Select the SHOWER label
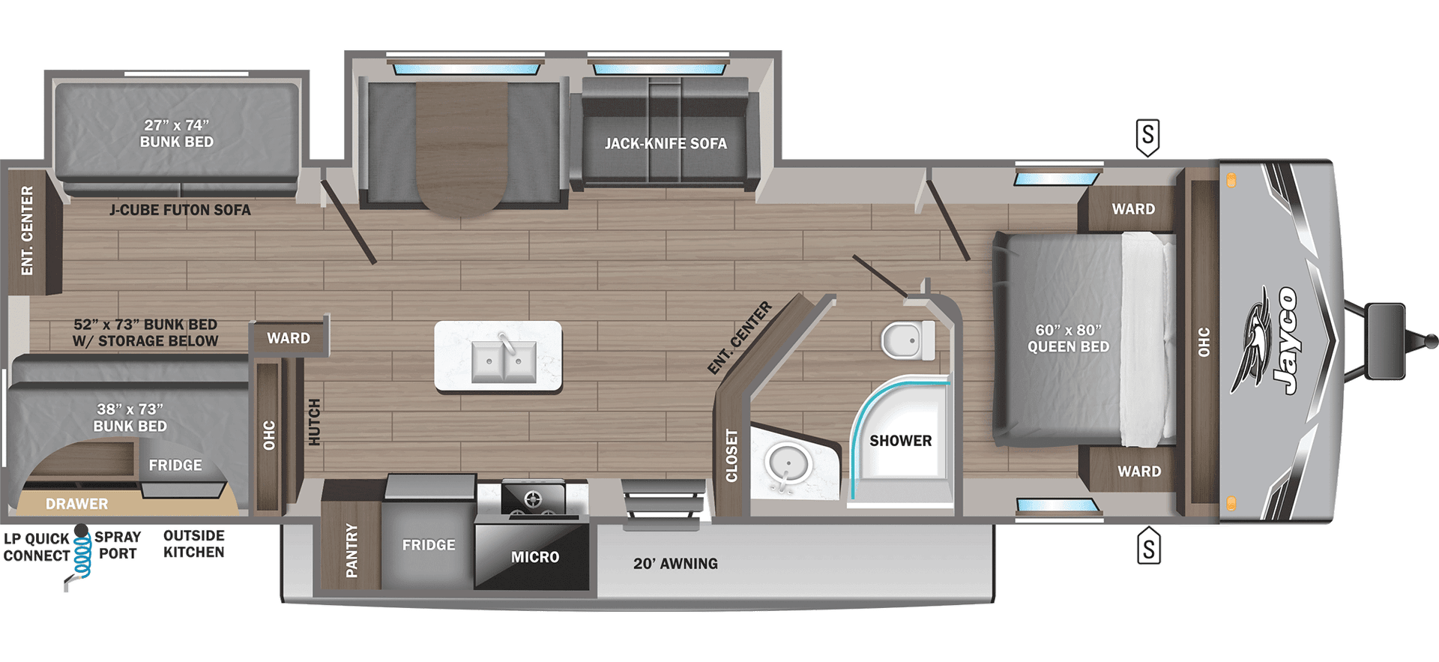(x=900, y=441)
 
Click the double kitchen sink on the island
(x=504, y=361)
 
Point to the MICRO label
(x=535, y=557)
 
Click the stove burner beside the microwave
(x=533, y=499)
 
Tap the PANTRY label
(x=352, y=550)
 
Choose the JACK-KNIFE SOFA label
(x=666, y=143)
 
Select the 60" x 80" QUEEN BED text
(x=1068, y=338)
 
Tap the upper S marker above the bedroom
(x=1147, y=136)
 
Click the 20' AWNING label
(x=675, y=564)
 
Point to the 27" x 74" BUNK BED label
(x=177, y=133)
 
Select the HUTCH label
(x=314, y=421)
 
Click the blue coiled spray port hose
(x=82, y=557)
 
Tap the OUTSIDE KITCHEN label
(x=194, y=544)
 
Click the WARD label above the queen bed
(x=1133, y=209)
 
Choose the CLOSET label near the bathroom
(x=731, y=454)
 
